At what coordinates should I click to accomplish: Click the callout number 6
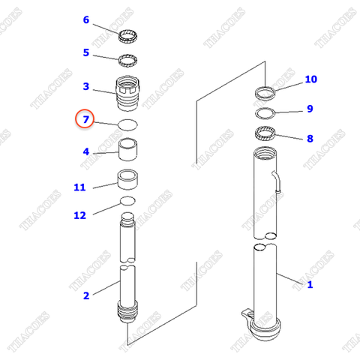[85, 19]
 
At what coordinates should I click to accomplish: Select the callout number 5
[85, 52]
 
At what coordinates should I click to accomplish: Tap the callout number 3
[85, 86]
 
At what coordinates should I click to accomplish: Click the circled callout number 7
[85, 119]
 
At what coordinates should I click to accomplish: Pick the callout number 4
[85, 151]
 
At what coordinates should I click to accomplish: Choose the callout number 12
[79, 216]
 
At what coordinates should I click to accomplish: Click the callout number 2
[85, 295]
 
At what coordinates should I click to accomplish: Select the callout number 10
[310, 79]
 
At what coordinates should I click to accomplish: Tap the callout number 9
[309, 109]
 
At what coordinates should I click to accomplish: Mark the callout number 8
[309, 139]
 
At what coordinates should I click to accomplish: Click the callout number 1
[310, 284]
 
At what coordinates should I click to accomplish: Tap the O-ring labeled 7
[128, 124]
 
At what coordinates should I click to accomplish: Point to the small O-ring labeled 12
[128, 201]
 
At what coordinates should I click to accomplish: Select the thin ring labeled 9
[264, 114]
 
